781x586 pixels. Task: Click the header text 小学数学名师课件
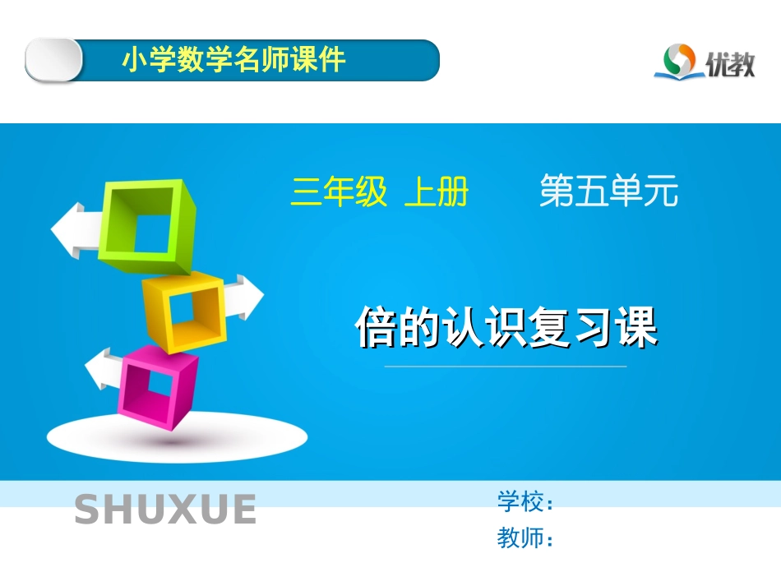233,60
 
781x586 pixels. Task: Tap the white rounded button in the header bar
53,60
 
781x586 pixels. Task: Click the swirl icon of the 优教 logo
679,61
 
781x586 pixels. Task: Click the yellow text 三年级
338,193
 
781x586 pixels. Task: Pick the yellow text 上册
436,193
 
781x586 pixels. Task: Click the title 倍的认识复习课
506,329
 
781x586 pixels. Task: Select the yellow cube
184,311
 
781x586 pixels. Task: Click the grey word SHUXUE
165,510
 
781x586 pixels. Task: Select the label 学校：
525,501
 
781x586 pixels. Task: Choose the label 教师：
525,539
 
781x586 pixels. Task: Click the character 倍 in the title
377,329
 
